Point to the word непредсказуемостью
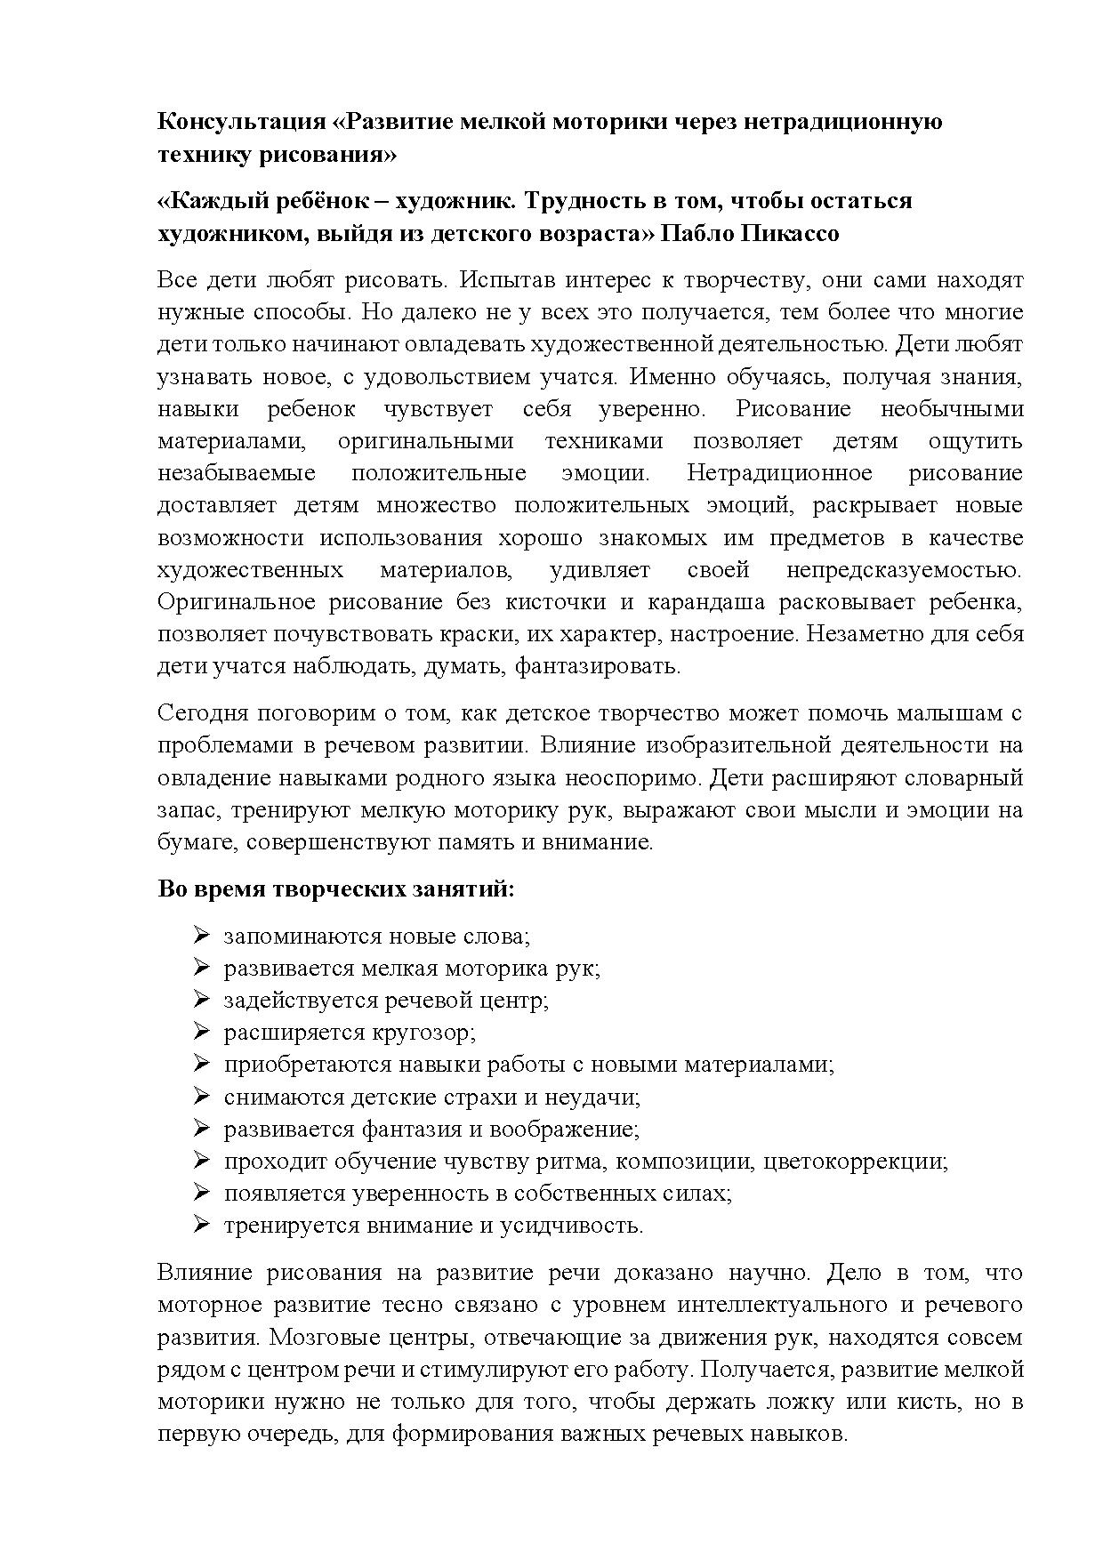pos(904,569)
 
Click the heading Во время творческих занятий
pos(336,889)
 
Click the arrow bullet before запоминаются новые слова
pos(200,936)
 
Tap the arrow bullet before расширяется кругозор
pos(200,1032)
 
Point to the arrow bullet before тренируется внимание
pos(200,1225)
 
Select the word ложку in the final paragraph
pos(804,1402)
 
